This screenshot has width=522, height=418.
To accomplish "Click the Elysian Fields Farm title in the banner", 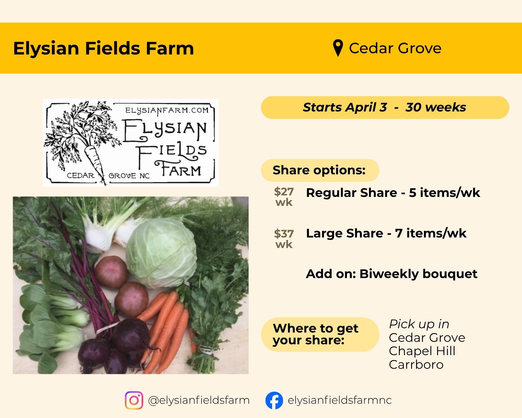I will (x=103, y=49).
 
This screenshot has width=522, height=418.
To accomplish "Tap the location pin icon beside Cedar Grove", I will (x=338, y=48).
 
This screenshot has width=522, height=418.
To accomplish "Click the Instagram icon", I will (x=134, y=400).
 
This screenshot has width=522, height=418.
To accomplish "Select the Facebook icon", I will (x=274, y=400).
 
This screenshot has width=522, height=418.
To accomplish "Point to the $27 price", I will (x=284, y=192).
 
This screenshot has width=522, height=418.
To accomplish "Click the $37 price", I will (x=284, y=234).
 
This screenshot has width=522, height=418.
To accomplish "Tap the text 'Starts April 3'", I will (x=345, y=107).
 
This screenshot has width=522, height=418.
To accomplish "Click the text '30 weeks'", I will (x=435, y=107).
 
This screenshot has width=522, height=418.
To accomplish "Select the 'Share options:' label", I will (x=319, y=170).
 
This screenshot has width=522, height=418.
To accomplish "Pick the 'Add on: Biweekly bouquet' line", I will (x=391, y=274).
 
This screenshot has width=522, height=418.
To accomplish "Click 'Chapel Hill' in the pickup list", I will (x=422, y=351).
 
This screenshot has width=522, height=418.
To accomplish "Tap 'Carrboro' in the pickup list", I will (x=416, y=365).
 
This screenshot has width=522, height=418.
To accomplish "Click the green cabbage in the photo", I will (x=161, y=252).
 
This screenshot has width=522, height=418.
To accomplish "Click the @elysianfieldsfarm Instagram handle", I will (x=199, y=400).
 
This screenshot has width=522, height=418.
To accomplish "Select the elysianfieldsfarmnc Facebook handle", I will (x=340, y=400).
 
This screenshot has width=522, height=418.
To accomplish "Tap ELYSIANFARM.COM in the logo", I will (x=167, y=111).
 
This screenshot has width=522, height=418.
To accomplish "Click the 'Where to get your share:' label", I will (x=315, y=334).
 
